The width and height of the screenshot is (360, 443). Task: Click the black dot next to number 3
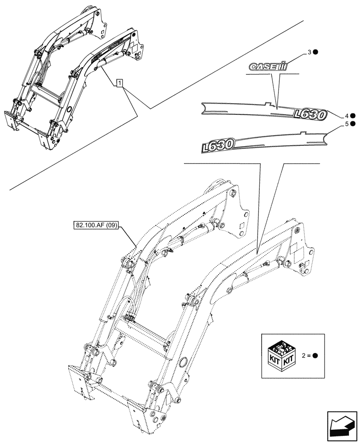pyautogui.click(x=316, y=53)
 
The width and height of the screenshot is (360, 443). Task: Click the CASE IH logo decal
pyautogui.click(x=268, y=67)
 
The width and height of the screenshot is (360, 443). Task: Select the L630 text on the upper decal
pyautogui.click(x=310, y=115)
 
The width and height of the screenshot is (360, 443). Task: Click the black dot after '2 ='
pyautogui.click(x=315, y=356)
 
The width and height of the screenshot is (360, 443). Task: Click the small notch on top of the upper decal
pyautogui.click(x=267, y=105)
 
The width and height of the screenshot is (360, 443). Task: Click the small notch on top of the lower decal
pyautogui.click(x=303, y=132)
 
